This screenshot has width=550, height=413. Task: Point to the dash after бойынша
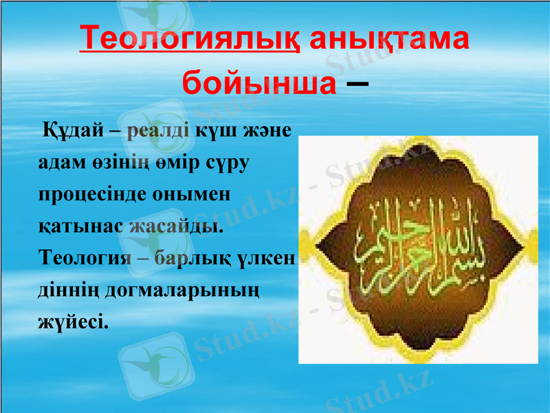click(355, 84)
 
